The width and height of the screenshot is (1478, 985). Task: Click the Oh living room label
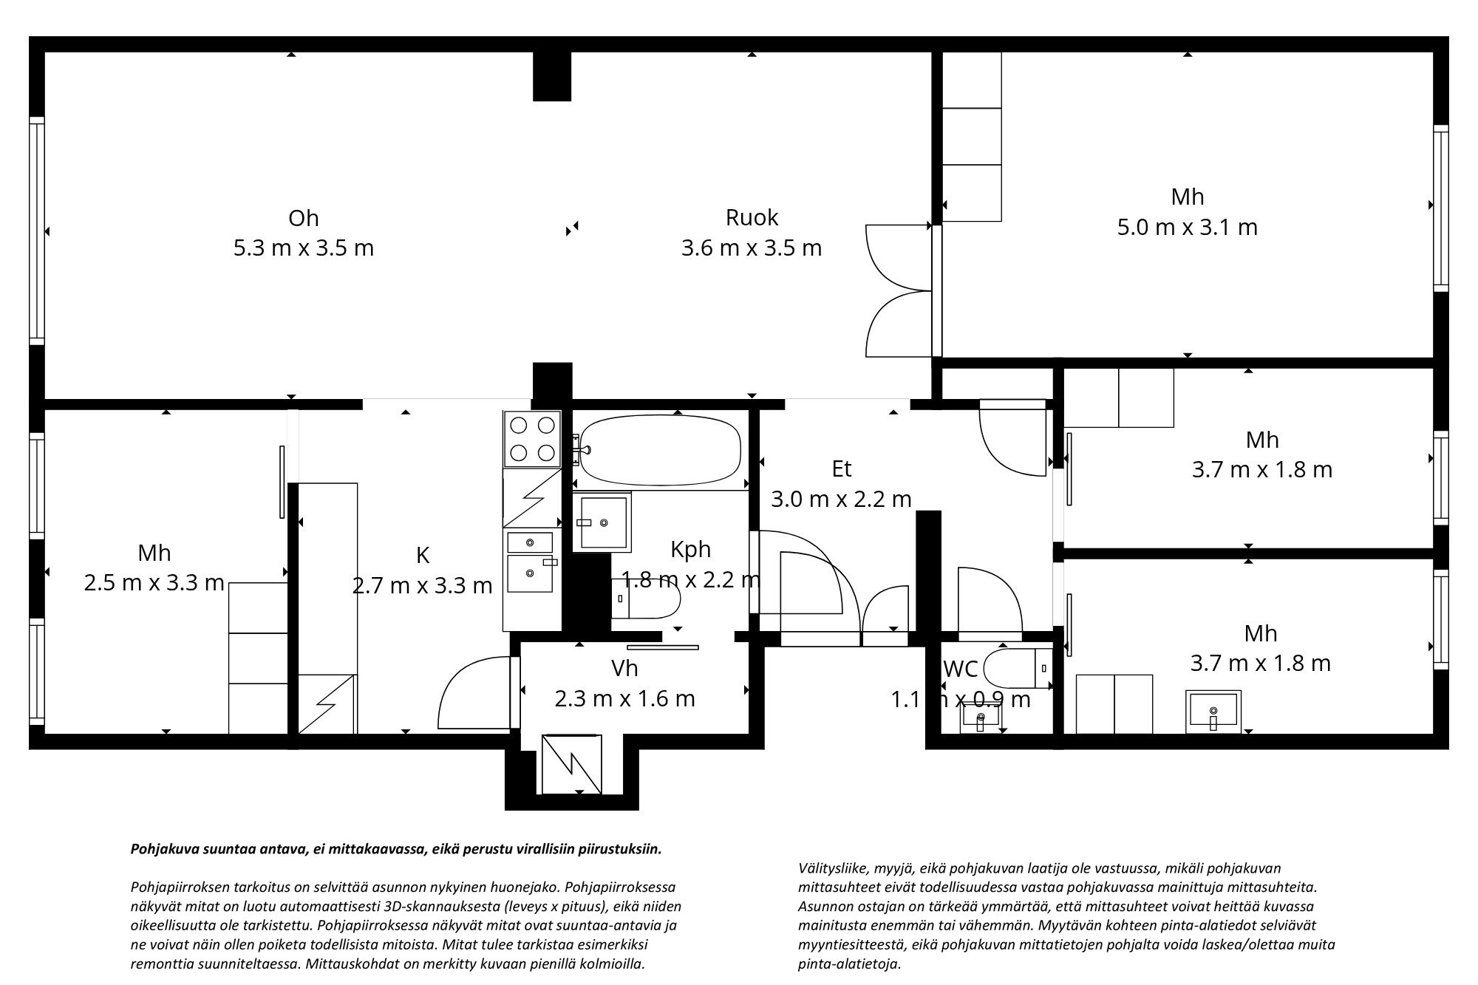click(x=303, y=218)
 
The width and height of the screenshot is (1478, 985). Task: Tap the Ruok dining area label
click(x=752, y=217)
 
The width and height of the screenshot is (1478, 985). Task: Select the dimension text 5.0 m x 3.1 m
click(x=1187, y=227)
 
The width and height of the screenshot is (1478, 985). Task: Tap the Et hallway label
click(x=841, y=468)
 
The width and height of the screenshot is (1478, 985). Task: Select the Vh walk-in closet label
click(x=624, y=668)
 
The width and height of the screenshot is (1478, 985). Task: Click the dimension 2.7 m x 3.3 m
click(x=422, y=586)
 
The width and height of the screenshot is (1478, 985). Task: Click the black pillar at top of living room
click(x=552, y=75)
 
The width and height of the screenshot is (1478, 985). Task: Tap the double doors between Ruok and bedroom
click(x=897, y=290)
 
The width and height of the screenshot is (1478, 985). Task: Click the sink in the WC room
click(x=981, y=716)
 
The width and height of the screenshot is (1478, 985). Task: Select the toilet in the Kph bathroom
click(x=647, y=599)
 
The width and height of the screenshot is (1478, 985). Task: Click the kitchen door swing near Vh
click(x=473, y=691)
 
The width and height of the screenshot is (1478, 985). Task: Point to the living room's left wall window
click(x=36, y=231)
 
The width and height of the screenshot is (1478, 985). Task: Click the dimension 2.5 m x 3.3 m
click(x=154, y=583)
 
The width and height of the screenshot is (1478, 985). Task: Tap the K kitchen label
click(x=423, y=555)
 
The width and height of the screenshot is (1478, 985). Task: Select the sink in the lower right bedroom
click(x=1213, y=711)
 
